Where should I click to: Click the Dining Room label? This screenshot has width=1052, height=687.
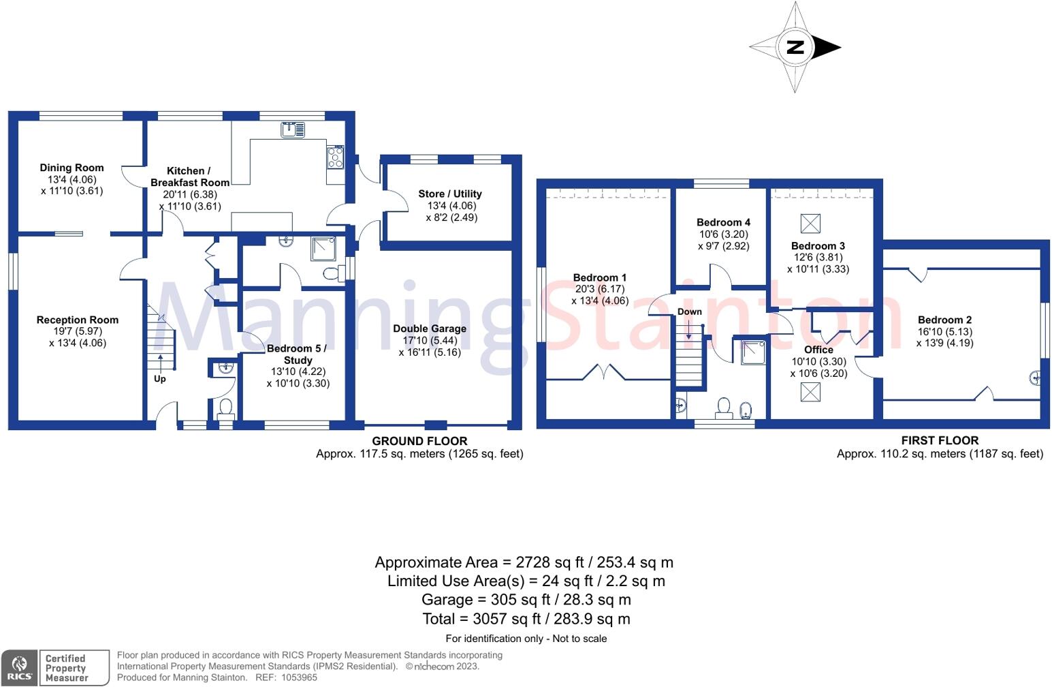71,168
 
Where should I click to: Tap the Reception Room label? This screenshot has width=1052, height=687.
78,320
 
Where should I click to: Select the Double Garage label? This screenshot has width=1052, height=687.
430,329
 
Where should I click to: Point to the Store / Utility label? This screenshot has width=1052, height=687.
450,194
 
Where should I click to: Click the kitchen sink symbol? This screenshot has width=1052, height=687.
293,129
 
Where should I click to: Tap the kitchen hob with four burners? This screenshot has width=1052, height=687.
335,157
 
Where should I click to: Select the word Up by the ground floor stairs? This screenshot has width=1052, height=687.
159,379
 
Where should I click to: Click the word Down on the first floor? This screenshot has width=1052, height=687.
689,311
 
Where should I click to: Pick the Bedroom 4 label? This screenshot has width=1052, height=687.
723,222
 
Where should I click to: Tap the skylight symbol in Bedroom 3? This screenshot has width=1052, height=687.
810,223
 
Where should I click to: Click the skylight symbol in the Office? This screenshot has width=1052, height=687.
810,392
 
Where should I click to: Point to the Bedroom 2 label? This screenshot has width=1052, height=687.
944,320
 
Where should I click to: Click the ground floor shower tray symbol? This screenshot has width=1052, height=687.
323,249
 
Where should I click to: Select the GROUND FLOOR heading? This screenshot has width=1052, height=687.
419,441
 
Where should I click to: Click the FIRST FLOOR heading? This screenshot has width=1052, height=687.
940,440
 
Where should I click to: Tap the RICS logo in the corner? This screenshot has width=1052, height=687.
18,668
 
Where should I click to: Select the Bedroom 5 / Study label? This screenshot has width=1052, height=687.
297,354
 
